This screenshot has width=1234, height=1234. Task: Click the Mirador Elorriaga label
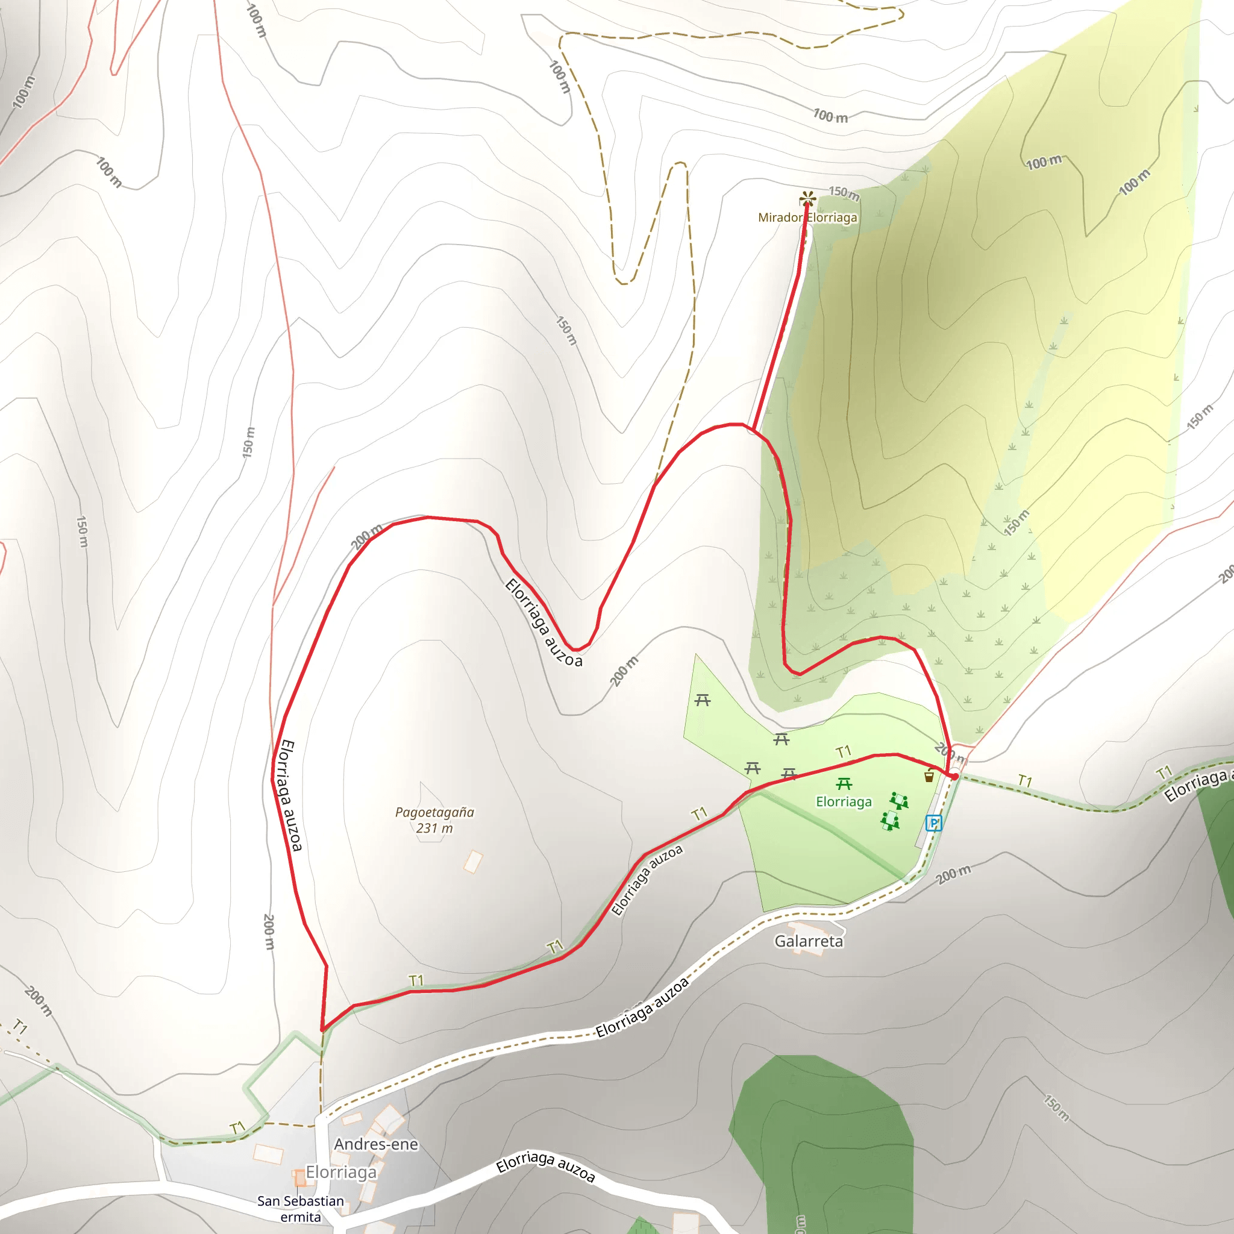click(x=807, y=217)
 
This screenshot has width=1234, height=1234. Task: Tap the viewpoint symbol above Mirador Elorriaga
click(x=807, y=198)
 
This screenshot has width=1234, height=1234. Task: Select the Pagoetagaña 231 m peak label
click(x=434, y=820)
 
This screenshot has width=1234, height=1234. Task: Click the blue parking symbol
click(x=934, y=823)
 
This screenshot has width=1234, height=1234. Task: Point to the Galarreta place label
click(x=809, y=941)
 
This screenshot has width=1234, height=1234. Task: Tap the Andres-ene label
click(x=376, y=1144)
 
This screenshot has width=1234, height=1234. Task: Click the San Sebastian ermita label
click(x=300, y=1209)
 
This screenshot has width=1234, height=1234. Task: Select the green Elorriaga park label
click(x=844, y=801)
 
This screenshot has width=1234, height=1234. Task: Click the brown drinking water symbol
click(x=929, y=776)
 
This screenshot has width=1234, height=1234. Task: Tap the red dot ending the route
click(x=954, y=776)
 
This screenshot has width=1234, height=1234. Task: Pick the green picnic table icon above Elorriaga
click(x=844, y=784)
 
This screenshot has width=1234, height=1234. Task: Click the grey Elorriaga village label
click(x=341, y=1172)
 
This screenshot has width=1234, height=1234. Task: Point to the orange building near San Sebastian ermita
click(x=298, y=1177)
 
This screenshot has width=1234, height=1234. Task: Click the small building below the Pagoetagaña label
click(x=473, y=862)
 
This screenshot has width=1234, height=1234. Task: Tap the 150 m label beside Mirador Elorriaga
click(x=844, y=192)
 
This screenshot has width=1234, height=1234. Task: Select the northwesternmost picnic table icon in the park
click(x=703, y=701)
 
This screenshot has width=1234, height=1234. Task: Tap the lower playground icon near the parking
click(x=890, y=821)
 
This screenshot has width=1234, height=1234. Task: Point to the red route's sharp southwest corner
click(x=322, y=1030)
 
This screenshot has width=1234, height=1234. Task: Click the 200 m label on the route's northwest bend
click(x=366, y=536)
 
